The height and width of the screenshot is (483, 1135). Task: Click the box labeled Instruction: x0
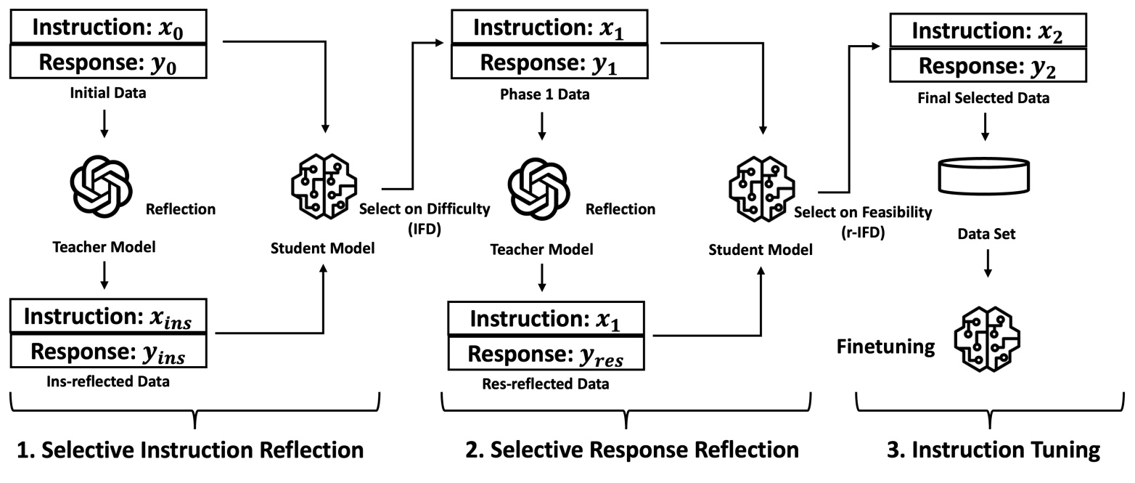click(x=108, y=28)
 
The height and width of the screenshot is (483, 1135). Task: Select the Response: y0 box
click(x=108, y=62)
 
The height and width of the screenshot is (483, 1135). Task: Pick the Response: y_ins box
click(x=108, y=353)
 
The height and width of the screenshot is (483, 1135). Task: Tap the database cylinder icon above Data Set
click(x=984, y=176)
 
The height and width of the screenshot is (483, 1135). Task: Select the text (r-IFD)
click(x=863, y=232)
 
